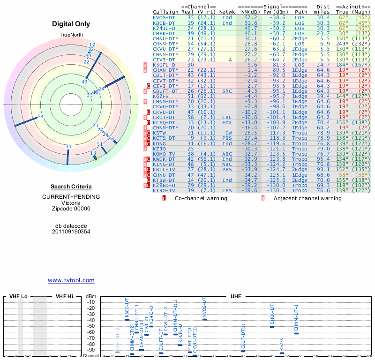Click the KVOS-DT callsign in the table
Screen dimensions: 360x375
tap(164, 17)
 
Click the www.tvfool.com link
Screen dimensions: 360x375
tap(71, 280)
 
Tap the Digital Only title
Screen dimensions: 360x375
tap(71, 24)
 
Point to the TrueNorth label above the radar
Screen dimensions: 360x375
tap(71, 35)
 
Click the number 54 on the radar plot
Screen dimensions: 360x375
tap(41, 116)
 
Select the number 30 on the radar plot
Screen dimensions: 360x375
tap(68, 147)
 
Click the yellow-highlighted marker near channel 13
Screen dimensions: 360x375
tap(95, 157)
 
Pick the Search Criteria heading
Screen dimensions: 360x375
tap(71, 187)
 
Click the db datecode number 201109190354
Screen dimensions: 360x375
tap(71, 232)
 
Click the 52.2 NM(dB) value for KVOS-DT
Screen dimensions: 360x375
tap(251, 17)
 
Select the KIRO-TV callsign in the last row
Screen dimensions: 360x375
tap(164, 191)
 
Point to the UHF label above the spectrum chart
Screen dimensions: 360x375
tap(236, 296)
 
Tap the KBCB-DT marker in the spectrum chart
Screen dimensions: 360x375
tap(127, 320)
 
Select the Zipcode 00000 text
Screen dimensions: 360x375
tap(71, 209)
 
